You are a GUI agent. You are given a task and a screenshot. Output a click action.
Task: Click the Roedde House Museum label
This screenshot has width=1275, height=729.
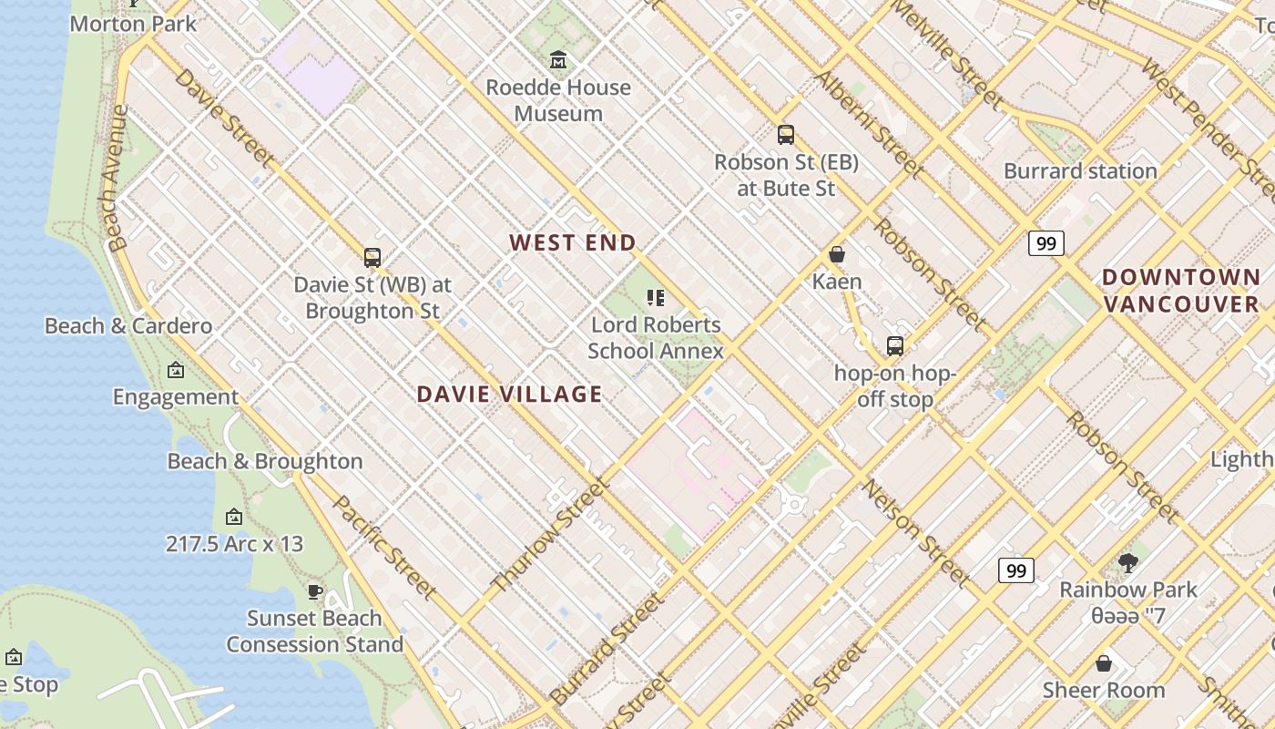point(558,100)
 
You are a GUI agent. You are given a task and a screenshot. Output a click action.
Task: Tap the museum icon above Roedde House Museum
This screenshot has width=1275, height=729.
point(558,60)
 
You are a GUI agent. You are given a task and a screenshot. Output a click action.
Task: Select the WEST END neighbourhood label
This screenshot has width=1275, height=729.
point(572,242)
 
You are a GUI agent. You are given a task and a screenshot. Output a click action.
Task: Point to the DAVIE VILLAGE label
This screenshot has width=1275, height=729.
point(509,394)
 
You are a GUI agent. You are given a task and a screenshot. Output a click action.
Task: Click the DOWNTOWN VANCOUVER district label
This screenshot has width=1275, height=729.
point(1181,291)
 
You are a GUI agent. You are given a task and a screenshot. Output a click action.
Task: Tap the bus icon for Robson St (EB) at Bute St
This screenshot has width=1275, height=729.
point(786,135)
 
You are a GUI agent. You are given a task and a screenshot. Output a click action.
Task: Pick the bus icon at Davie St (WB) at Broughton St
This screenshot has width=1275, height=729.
point(372,258)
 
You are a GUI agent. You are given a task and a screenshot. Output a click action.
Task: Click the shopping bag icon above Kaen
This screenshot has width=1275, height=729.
point(836,254)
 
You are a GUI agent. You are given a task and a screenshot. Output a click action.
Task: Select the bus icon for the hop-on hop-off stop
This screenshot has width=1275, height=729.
point(895,346)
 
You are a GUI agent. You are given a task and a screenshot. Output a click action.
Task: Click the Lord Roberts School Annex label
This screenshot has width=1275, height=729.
point(656,337)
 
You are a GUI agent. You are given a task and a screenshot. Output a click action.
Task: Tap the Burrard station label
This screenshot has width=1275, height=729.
point(1080,170)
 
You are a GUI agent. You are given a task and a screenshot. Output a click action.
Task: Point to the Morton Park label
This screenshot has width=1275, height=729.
point(133,24)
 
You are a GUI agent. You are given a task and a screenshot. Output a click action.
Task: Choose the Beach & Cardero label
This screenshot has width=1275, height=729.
point(128,325)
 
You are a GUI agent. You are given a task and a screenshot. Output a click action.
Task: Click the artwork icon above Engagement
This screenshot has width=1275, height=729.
point(176,370)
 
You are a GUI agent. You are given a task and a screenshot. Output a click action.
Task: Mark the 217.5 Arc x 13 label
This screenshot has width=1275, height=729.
point(234,544)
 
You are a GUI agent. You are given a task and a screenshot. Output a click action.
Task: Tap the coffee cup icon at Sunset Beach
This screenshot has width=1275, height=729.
point(315,591)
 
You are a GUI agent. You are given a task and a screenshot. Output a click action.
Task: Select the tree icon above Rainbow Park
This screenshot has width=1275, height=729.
point(1128,562)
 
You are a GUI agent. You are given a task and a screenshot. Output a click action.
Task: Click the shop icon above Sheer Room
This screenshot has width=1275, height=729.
point(1104,662)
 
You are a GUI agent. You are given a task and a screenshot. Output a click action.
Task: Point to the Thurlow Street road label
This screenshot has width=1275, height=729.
point(549,535)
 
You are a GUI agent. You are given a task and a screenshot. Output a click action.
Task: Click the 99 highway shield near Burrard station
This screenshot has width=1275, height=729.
point(1046,243)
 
